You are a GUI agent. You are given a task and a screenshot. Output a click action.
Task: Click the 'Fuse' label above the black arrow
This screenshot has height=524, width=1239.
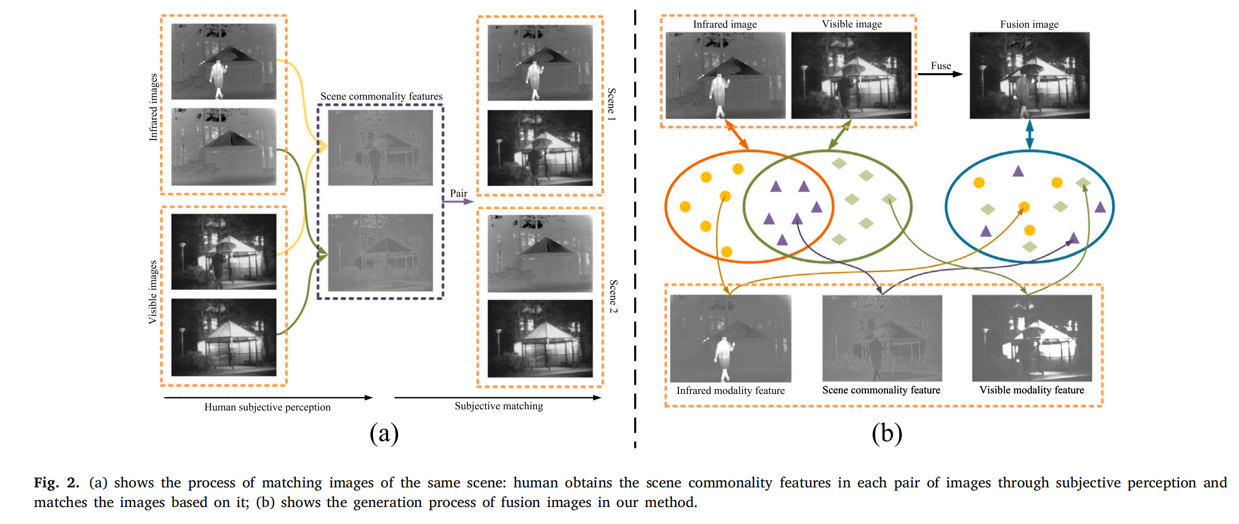[940, 66]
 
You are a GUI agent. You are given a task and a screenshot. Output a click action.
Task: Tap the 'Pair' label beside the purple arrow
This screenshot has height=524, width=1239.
[458, 193]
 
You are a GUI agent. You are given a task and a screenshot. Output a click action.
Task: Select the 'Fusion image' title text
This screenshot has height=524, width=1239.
[1029, 24]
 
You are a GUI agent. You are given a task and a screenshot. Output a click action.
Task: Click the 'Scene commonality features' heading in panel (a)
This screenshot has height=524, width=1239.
[381, 96]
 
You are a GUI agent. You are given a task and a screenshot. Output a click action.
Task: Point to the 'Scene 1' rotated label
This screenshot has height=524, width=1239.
[612, 104]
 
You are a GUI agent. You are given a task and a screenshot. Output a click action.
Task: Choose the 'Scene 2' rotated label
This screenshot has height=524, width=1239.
[613, 296]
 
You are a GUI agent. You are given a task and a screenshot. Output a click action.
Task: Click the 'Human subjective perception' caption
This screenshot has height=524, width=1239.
[267, 407]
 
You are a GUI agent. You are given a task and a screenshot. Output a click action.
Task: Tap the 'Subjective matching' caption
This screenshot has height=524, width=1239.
[499, 406]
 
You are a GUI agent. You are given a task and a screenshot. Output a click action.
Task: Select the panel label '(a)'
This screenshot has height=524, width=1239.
[384, 434]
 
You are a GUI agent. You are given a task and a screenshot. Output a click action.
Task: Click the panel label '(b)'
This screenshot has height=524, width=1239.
[886, 434]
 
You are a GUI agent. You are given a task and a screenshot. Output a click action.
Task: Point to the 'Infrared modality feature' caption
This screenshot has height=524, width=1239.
[730, 391]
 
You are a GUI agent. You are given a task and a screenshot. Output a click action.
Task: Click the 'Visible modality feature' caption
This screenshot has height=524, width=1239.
[1031, 390]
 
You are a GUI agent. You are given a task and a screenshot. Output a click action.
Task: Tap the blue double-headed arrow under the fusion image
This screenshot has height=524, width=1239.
[1030, 134]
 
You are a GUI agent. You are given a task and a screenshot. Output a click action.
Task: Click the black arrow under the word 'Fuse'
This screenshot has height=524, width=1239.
[940, 74]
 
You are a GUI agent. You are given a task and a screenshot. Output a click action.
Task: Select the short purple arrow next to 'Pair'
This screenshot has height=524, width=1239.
[458, 202]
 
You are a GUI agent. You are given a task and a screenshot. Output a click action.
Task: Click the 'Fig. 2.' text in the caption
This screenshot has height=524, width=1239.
[56, 482]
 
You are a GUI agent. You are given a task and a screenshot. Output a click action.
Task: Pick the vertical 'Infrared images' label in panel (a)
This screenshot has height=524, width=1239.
[154, 107]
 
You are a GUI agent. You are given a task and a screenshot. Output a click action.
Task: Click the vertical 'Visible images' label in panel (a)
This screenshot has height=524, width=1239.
[153, 292]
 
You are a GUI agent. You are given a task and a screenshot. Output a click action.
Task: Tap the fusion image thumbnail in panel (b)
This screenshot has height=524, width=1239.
[1029, 75]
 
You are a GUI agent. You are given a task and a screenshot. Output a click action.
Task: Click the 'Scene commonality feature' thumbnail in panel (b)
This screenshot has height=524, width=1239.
[882, 338]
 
